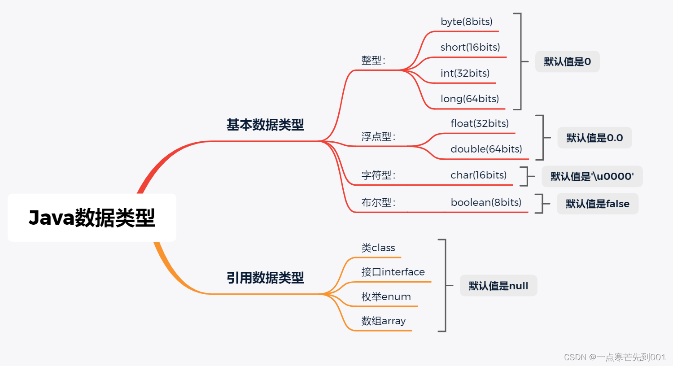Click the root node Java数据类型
pyautogui.click(x=92, y=218)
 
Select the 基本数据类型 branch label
pyautogui.click(x=265, y=125)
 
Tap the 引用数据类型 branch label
pyautogui.click(x=265, y=278)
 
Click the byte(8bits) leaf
pyautogui.click(x=467, y=22)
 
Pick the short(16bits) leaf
pyautogui.click(x=470, y=47)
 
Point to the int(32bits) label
pyautogui.click(x=465, y=73)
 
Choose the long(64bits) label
pyautogui.click(x=470, y=99)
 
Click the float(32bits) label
pyautogui.click(x=480, y=123)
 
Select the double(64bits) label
pyautogui.click(x=486, y=149)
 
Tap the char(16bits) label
pyautogui.click(x=478, y=175)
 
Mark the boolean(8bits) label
pyautogui.click(x=486, y=202)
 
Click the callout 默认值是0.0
pyautogui.click(x=594, y=138)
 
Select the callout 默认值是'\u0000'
pyautogui.click(x=592, y=176)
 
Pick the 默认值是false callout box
pyautogui.click(x=597, y=204)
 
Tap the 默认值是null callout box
pyautogui.click(x=498, y=286)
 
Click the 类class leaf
pyautogui.click(x=378, y=248)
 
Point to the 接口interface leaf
pyautogui.click(x=393, y=272)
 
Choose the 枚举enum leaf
pyautogui.click(x=386, y=296)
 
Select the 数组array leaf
pyautogui.click(x=384, y=321)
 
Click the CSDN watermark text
pyautogui.click(x=615, y=357)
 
